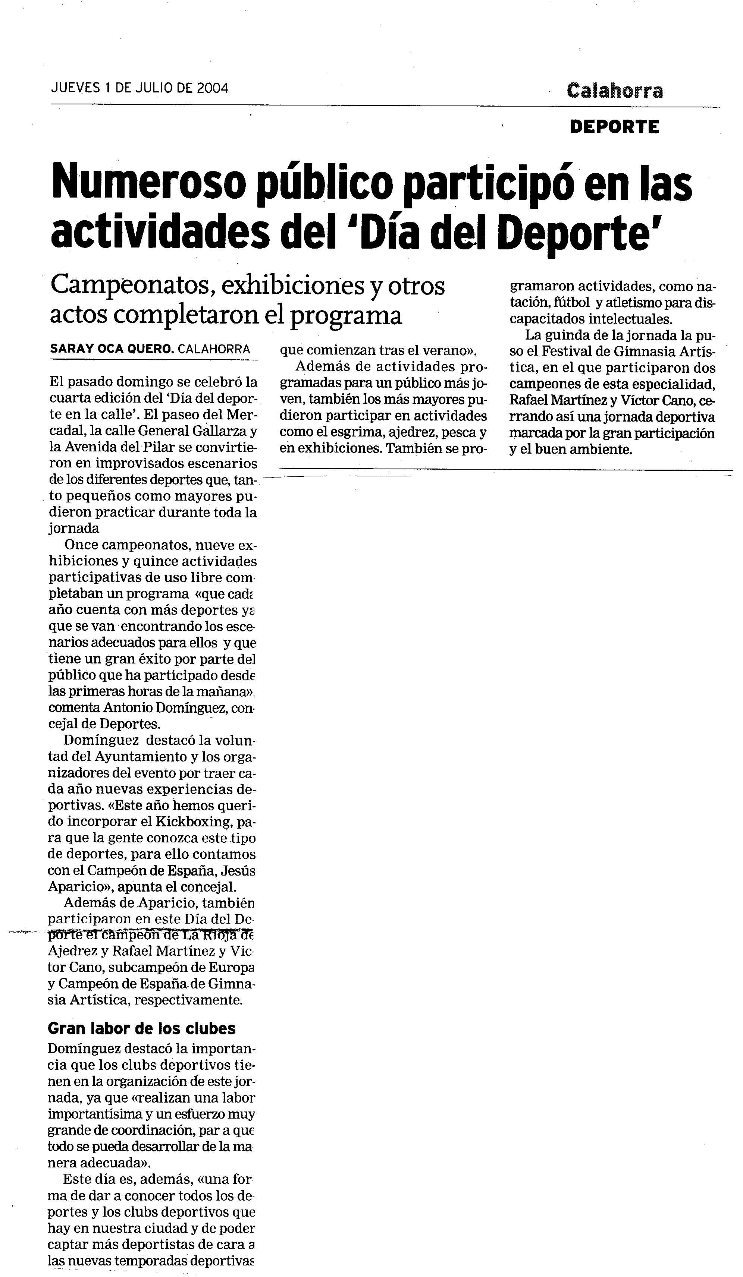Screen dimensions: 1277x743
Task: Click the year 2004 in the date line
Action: click(x=213, y=88)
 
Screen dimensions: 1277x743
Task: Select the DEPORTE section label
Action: click(x=614, y=127)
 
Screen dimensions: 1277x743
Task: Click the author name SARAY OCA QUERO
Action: click(x=112, y=349)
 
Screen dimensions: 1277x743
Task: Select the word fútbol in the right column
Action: click(x=573, y=303)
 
